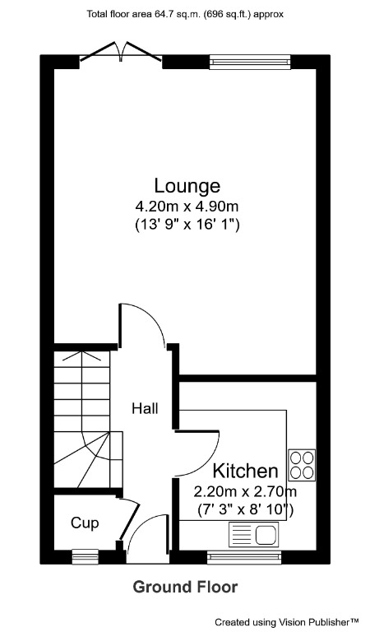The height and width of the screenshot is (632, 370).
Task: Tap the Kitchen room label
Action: click(x=245, y=472)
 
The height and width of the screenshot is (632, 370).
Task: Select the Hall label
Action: click(x=146, y=408)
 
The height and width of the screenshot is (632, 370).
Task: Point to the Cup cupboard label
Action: click(x=85, y=522)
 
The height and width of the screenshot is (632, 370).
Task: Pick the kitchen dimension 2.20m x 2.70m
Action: click(x=244, y=492)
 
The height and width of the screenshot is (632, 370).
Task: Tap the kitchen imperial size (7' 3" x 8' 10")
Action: click(x=245, y=510)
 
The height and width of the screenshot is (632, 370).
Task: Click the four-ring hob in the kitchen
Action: click(x=302, y=463)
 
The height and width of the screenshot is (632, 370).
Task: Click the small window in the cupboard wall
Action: click(x=84, y=557)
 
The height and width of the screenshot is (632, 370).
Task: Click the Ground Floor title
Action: click(x=185, y=587)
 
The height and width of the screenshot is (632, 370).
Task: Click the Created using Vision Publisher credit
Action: click(x=287, y=622)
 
